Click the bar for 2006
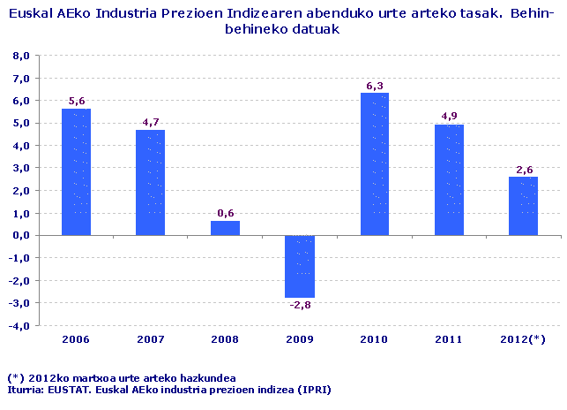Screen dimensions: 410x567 (x=76, y=172)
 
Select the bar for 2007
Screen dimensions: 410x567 (x=151, y=182)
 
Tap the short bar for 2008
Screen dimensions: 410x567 (x=225, y=228)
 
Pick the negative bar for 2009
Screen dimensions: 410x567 (x=300, y=266)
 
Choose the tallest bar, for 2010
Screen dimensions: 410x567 (x=375, y=164)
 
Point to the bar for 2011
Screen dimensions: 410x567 (x=450, y=180)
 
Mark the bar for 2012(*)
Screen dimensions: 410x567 (x=524, y=206)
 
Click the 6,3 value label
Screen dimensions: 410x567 (x=375, y=86)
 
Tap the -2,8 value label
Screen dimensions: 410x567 (x=300, y=305)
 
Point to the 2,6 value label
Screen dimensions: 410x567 (x=524, y=169)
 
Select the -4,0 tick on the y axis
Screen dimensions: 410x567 (x=19, y=325)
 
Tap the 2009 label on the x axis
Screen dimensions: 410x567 (x=300, y=339)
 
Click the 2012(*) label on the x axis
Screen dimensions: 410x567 (x=524, y=339)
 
